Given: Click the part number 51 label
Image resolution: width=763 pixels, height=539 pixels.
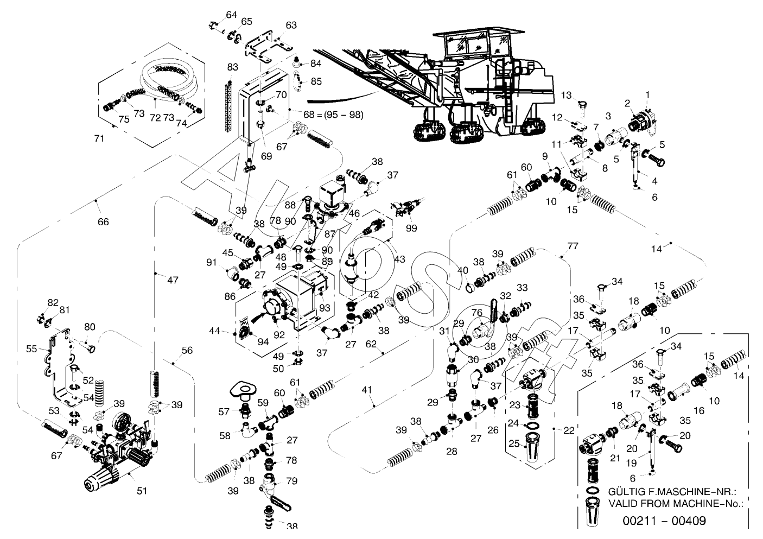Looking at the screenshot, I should [142, 491].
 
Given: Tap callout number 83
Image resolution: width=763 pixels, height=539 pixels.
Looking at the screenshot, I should [233, 67].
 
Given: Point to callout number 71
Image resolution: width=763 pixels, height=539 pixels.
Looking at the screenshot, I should [99, 139].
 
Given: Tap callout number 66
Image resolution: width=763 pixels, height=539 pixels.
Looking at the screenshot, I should [103, 221].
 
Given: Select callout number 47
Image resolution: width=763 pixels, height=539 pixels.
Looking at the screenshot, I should [172, 281].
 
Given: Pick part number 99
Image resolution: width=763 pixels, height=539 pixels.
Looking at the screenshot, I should [411, 228].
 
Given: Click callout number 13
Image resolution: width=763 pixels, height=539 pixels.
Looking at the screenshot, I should [566, 96].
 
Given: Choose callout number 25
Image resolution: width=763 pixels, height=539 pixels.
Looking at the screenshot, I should [513, 443].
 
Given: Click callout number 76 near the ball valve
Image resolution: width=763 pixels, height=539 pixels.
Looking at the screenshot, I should [476, 312].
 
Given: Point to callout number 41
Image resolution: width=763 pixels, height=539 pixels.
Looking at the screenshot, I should [368, 389].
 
